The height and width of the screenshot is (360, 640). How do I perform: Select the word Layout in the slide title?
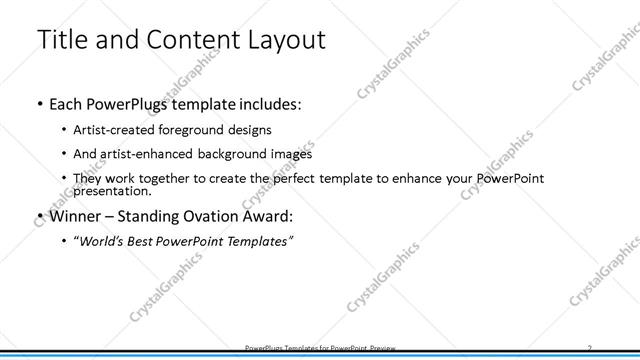[x=281, y=41]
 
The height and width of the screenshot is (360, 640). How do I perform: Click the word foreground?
[x=196, y=130]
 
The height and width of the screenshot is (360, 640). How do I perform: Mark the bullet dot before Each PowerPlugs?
[x=38, y=104]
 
